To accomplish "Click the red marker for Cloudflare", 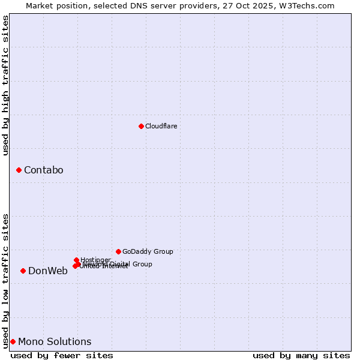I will tap(141, 126).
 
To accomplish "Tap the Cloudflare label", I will tap(161, 126).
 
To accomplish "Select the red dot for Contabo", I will tap(19, 170).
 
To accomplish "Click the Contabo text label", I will tap(43, 170).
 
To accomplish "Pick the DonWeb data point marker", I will tap(23, 271).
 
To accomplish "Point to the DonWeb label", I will tap(48, 271).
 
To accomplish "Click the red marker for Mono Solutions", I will tap(13, 341).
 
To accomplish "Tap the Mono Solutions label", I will tap(55, 342).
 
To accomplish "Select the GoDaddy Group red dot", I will tap(118, 251).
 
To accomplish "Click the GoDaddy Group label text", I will tap(148, 251).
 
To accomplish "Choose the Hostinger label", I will tap(95, 260).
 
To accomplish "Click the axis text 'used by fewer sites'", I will tap(62, 355).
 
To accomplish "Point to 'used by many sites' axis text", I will tap(301, 355).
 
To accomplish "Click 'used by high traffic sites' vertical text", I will tap(5, 86).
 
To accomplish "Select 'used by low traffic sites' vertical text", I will tap(5, 280).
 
